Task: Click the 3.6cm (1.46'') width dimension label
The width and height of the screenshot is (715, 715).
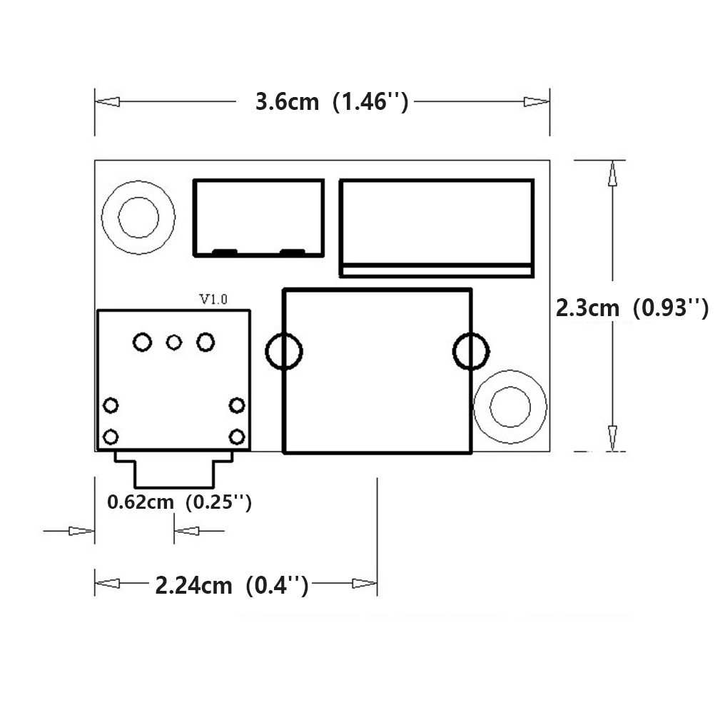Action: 332,102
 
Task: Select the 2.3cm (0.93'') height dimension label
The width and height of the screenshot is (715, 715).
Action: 632,308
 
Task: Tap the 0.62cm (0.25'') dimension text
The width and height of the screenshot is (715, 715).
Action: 179,502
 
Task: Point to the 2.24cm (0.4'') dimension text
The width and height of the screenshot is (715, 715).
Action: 232,586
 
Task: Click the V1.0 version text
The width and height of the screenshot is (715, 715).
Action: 213,300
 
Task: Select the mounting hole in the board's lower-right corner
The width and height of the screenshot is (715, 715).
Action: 510,407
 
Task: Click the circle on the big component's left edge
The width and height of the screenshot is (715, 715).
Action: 284,351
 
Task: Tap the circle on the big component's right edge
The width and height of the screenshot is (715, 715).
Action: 471,351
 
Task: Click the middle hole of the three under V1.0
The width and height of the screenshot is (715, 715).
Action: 174,343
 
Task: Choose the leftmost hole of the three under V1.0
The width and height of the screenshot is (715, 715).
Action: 143,343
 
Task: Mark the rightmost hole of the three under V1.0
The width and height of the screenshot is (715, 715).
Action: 206,343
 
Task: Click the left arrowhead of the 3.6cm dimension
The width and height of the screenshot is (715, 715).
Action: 108,102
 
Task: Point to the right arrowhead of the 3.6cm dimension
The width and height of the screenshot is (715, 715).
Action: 537,102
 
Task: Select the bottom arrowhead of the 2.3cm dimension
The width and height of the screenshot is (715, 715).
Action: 612,437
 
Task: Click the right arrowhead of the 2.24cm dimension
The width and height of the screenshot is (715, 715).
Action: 365,584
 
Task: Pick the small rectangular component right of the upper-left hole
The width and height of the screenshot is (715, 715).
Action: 258,217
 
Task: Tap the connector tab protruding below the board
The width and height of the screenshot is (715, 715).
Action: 173,471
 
